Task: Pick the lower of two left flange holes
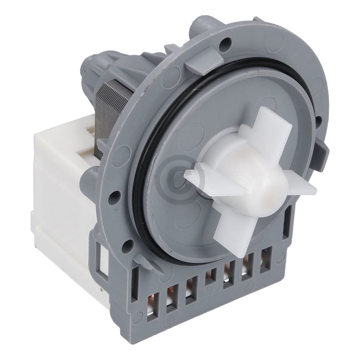pos(127,245)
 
